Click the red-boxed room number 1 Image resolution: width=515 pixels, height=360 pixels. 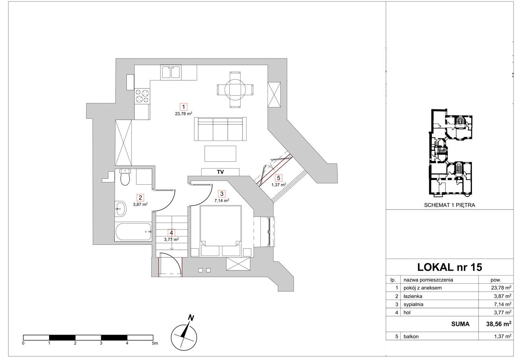point(183,107)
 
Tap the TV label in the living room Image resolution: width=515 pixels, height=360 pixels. point(220,172)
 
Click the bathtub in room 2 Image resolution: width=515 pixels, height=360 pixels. point(133,232)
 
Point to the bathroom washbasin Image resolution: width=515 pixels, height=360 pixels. point(120,209)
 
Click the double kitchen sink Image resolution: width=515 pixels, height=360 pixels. point(171,72)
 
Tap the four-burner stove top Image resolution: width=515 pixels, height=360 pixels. point(142,96)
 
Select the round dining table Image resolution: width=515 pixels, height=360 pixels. point(235,89)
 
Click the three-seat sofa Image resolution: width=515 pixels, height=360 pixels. point(220,129)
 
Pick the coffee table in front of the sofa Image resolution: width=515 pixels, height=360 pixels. point(220,154)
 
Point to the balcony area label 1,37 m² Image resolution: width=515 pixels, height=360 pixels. point(279,185)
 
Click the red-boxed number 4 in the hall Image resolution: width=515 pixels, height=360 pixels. point(171,232)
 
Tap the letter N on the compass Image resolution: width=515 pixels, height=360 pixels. point(191,318)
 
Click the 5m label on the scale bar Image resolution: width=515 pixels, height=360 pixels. point(155,343)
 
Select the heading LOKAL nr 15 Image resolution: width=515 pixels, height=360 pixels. point(449,267)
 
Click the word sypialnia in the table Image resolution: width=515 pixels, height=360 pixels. point(413,304)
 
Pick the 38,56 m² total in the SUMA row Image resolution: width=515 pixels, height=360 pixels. point(499,324)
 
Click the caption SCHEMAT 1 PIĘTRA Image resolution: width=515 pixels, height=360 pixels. point(449,205)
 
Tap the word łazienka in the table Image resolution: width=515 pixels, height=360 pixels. point(413,296)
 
